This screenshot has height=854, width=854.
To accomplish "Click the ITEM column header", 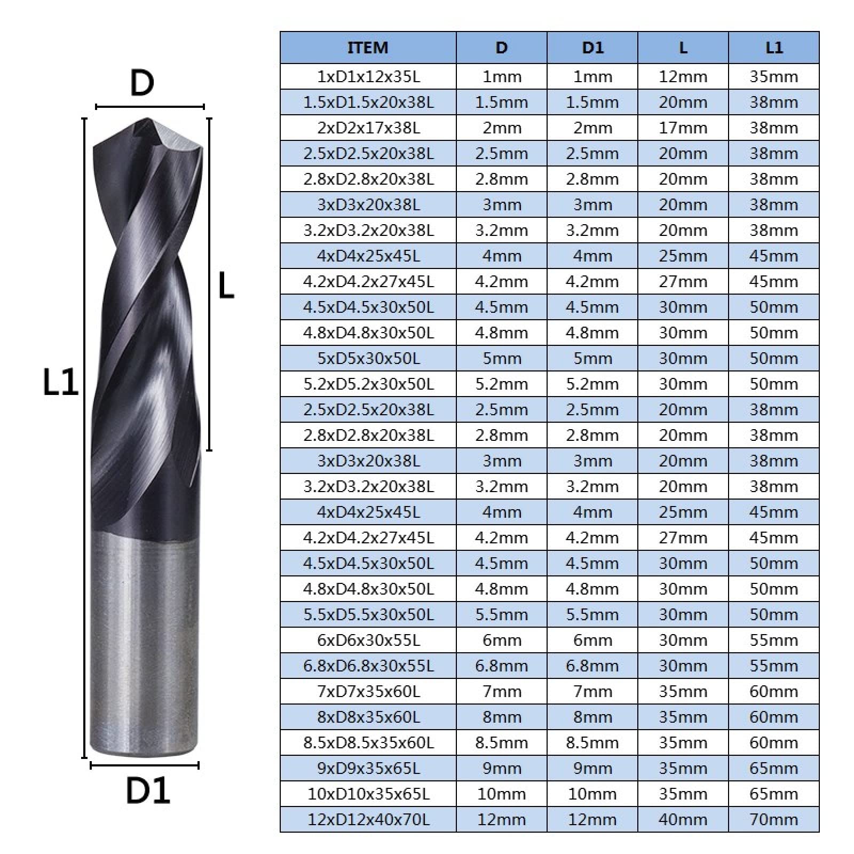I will click(x=368, y=48).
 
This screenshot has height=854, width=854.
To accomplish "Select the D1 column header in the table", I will click(x=592, y=48).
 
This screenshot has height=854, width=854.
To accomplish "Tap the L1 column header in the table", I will click(x=774, y=48).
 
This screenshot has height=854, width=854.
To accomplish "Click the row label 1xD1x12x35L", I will click(x=368, y=76).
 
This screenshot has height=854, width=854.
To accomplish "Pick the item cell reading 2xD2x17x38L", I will click(x=368, y=128).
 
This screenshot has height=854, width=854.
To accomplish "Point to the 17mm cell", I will click(x=683, y=128).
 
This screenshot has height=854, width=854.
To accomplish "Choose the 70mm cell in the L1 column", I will click(x=774, y=819).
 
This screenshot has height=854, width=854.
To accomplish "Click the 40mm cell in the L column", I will click(x=683, y=819).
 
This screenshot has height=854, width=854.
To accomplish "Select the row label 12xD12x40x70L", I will click(x=368, y=819).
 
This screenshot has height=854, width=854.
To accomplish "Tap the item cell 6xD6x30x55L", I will click(x=368, y=640).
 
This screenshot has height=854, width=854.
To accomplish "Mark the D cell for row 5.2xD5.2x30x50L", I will click(x=501, y=384).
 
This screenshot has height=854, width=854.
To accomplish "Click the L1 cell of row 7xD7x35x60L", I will click(x=774, y=691).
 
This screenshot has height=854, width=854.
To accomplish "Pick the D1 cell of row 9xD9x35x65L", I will click(x=592, y=768).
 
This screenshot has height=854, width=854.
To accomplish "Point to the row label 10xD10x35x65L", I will click(x=368, y=794).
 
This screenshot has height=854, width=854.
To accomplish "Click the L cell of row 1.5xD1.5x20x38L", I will click(x=683, y=102).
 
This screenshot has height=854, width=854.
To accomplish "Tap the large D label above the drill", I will click(x=142, y=83).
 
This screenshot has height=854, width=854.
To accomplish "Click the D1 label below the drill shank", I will click(x=148, y=790).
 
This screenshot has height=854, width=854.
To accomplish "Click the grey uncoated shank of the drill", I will click(x=145, y=640).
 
